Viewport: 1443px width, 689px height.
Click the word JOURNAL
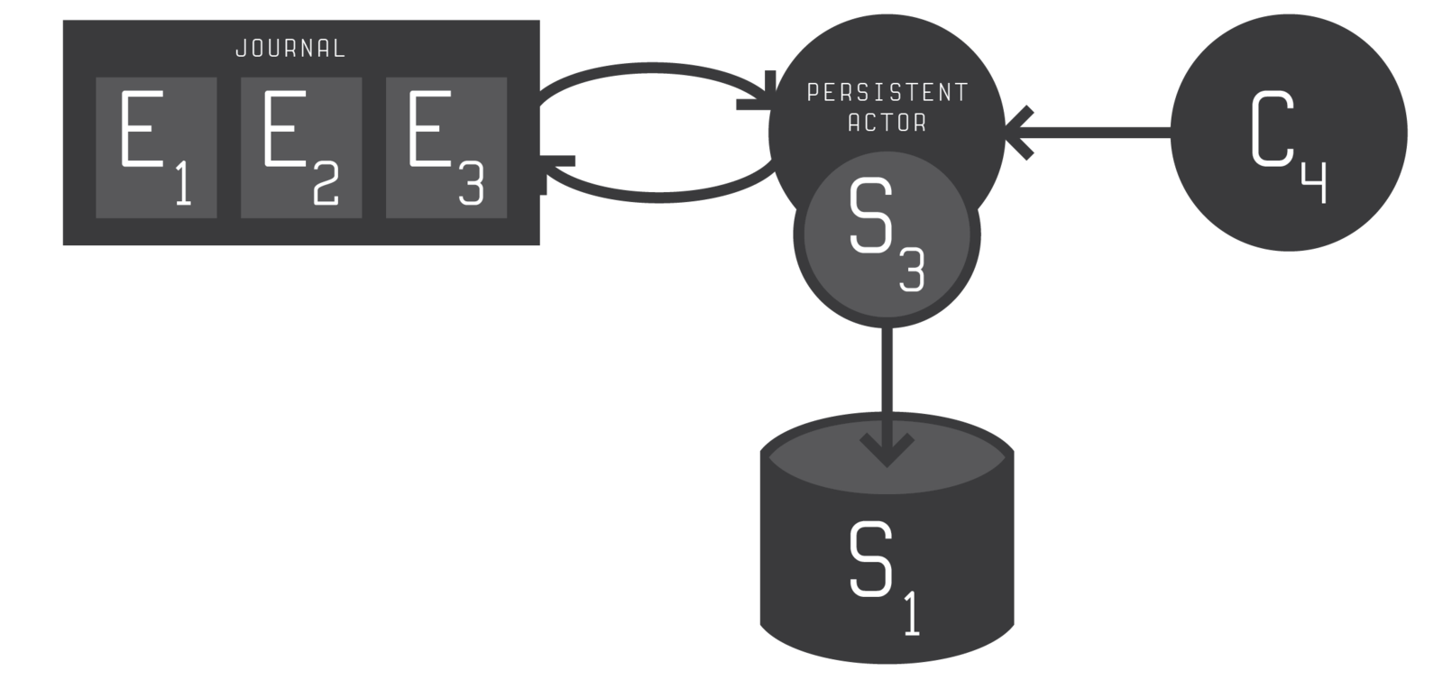pos(290,49)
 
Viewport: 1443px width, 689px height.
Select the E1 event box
pos(156,147)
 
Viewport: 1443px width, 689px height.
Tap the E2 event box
pos(301,147)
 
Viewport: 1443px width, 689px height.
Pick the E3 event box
pos(446,147)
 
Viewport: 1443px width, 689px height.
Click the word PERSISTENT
pos(887,92)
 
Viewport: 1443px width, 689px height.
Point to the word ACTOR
pos(887,122)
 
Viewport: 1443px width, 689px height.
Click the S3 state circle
pos(886,235)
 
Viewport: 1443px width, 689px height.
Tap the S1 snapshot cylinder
pos(887,559)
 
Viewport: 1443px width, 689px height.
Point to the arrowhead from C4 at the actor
pos(1021,133)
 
